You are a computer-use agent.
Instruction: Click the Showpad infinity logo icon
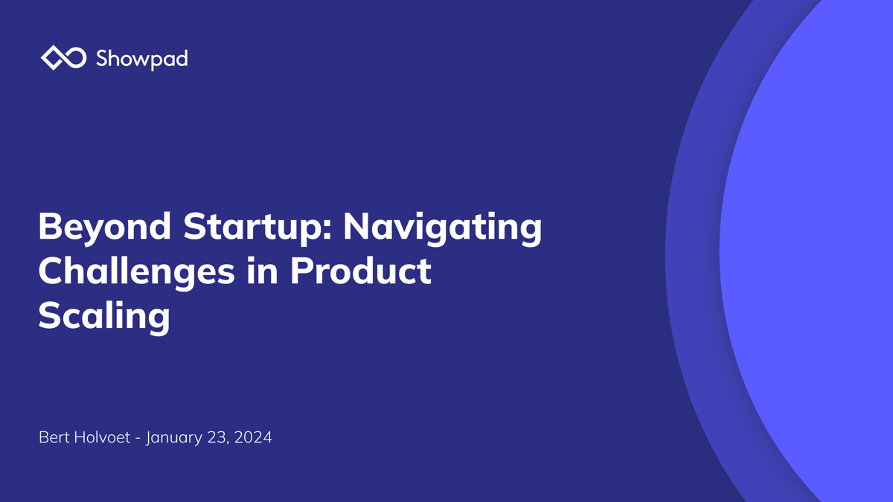point(64,57)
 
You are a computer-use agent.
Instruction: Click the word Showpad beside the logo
point(141,58)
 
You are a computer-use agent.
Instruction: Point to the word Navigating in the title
point(442,226)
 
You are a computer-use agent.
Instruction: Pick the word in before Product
point(258,271)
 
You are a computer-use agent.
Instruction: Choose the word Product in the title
point(360,271)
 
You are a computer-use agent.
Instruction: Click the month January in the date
point(176,437)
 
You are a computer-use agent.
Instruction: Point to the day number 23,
point(221,437)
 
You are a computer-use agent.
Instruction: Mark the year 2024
point(253,437)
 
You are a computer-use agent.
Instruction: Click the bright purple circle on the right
point(811,253)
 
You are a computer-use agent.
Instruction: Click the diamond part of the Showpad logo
point(53,58)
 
